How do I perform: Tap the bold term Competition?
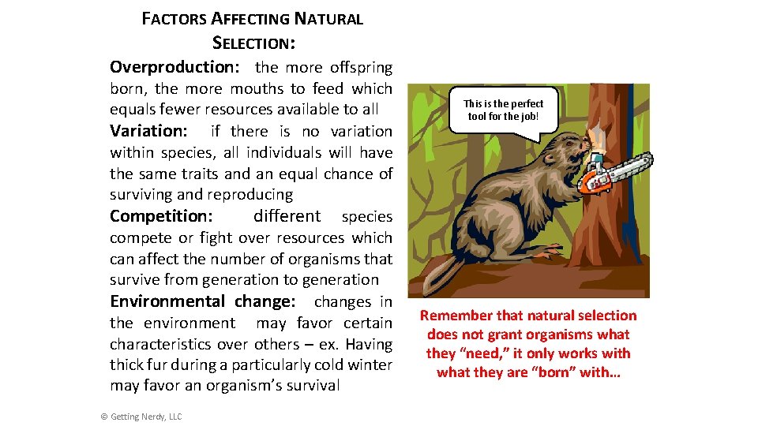click(x=161, y=216)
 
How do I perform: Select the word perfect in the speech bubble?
click(x=527, y=103)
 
